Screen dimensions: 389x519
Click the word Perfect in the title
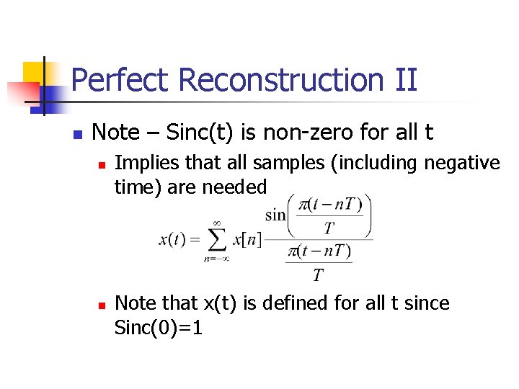tap(115, 80)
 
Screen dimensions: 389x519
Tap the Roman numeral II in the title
tap(406, 80)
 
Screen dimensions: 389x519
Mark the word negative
tap(462, 164)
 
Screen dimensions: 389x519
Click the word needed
tap(234, 187)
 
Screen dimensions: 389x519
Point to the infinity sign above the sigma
tap(216, 223)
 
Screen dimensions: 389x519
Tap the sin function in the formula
tap(275, 214)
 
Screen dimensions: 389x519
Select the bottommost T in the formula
tap(317, 275)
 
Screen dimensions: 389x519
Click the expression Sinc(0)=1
tap(159, 328)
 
